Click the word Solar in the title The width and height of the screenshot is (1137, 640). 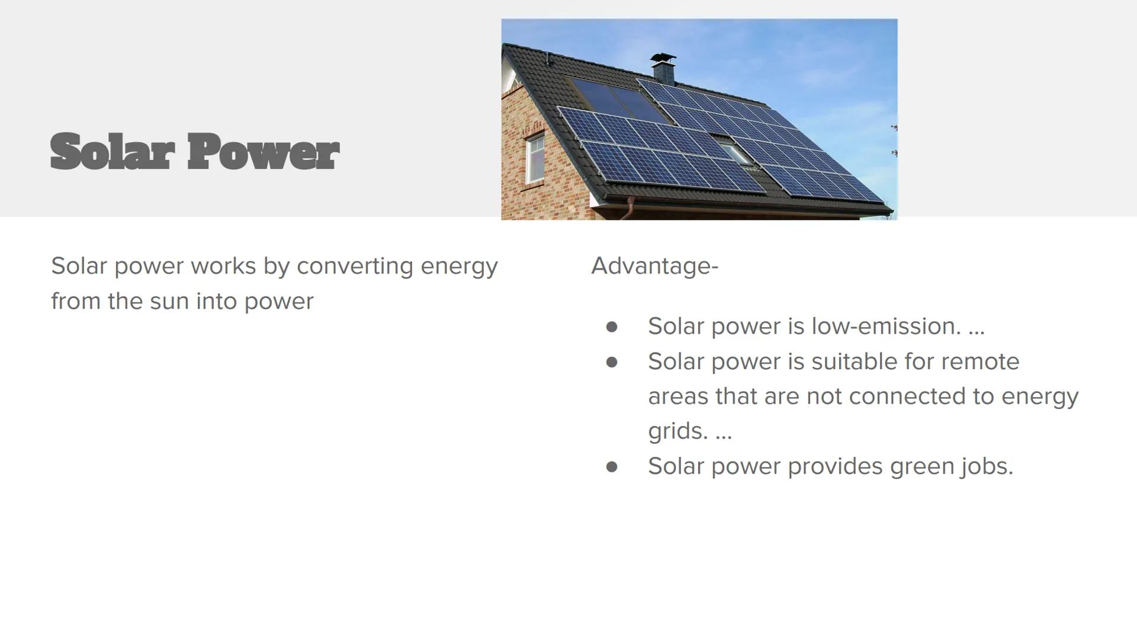[x=112, y=152]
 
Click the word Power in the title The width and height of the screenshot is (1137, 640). [x=263, y=152]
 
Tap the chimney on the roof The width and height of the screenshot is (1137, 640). [x=663, y=68]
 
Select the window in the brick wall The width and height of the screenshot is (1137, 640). [x=535, y=158]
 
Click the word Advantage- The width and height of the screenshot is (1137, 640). [x=654, y=266]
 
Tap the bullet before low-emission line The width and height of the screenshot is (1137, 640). [x=612, y=327]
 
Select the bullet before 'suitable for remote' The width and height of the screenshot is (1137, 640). [x=612, y=362]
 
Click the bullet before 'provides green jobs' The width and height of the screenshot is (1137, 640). [x=612, y=467]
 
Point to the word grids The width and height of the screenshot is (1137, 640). [x=677, y=431]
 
